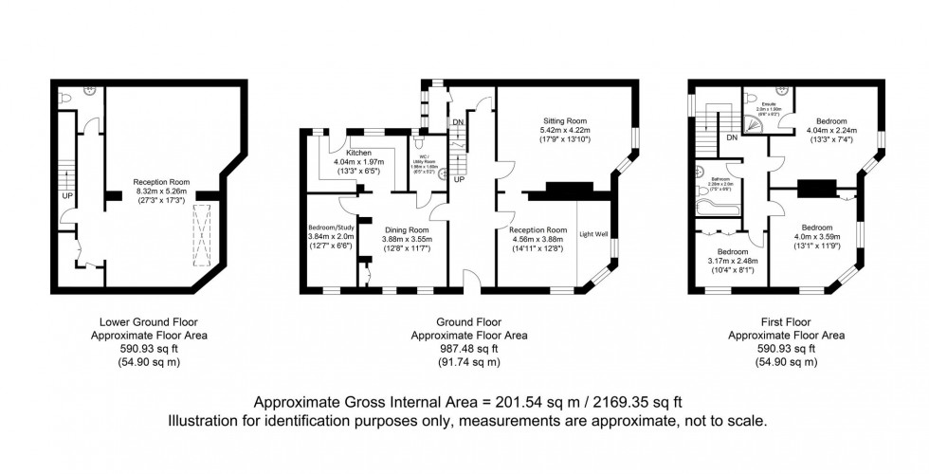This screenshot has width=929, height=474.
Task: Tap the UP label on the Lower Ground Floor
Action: (67, 196)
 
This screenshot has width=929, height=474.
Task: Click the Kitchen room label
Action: (357, 153)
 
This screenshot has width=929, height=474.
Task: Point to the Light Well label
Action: (593, 234)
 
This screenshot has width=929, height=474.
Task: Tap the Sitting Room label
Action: (565, 121)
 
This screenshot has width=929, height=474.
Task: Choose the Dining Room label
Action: (406, 229)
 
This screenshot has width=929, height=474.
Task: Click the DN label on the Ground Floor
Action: (458, 122)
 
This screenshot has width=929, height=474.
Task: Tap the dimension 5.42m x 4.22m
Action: (565, 131)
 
